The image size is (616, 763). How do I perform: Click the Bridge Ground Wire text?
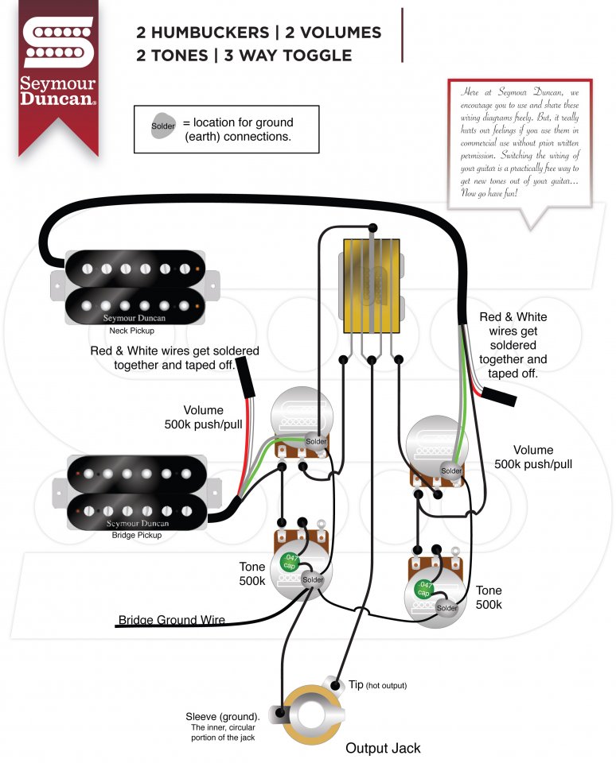pyautogui.click(x=171, y=620)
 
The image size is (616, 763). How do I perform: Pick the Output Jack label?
pyautogui.click(x=383, y=748)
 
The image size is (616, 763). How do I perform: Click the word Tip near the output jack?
pyautogui.click(x=356, y=684)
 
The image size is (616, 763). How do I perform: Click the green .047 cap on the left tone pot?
pyautogui.click(x=291, y=563)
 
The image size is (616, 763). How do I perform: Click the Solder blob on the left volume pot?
pyautogui.click(x=316, y=441)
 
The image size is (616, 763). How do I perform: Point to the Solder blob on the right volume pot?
pyautogui.click(x=451, y=471)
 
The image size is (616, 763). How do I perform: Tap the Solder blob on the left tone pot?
pyautogui.click(x=313, y=579)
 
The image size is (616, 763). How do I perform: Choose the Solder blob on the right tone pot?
pyautogui.click(x=446, y=608)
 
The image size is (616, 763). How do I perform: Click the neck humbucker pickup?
pyautogui.click(x=133, y=285)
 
